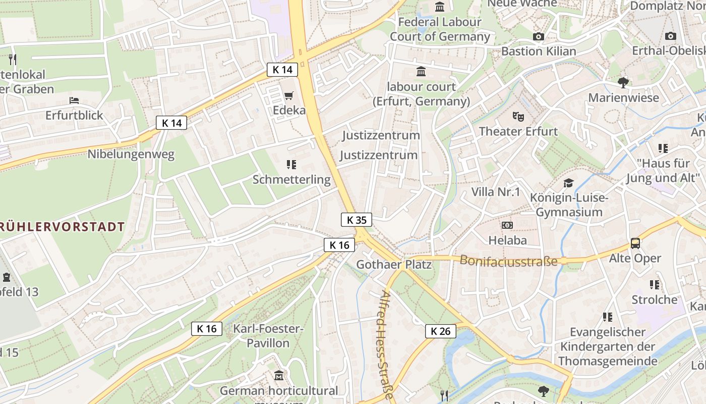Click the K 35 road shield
tap(357, 220)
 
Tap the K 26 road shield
tap(440, 331)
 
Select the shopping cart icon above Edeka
tap(289, 95)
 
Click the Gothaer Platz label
tap(394, 264)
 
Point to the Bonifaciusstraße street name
tap(508, 261)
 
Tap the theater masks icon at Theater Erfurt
tap(518, 117)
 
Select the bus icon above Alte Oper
tap(635, 243)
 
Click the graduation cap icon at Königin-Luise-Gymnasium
tap(569, 183)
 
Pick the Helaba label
tap(507, 240)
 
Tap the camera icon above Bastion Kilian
tap(538, 36)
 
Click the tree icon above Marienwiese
tap(623, 82)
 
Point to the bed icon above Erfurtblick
tap(74, 100)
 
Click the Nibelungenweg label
tap(131, 154)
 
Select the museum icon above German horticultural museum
tap(279, 376)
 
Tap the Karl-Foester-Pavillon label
tap(268, 336)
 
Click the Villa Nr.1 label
tap(495, 192)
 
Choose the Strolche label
tap(655, 299)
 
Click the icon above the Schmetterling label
tap(291, 164)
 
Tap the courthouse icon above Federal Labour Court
tap(440, 7)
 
